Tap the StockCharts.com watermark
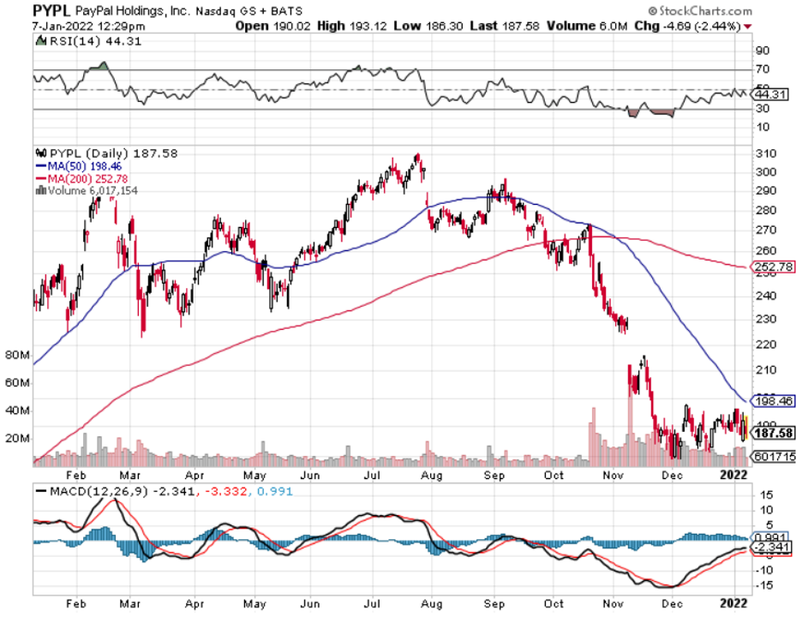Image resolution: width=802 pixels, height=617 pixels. pyautogui.click(x=701, y=11)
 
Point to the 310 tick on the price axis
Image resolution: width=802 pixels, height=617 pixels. pyautogui.click(x=765, y=153)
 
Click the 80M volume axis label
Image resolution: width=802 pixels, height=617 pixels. pyautogui.click(x=18, y=354)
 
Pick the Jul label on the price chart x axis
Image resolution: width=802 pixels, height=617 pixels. pyautogui.click(x=374, y=473)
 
